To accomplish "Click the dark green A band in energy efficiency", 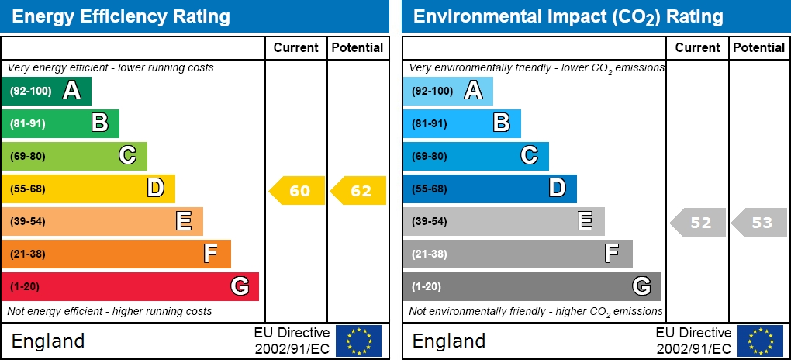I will (47, 91).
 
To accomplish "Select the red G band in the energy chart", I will (130, 286).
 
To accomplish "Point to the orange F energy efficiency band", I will (116, 254).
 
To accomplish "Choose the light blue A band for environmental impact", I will (447, 91).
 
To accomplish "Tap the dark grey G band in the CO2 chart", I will (531, 286).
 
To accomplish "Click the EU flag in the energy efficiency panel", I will (358, 341).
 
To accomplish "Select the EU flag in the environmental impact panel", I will (760, 341).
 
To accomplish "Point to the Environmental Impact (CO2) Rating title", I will (568, 16).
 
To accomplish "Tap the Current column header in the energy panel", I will (296, 47).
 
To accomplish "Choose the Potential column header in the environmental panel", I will (759, 47).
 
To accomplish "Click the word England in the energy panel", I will (48, 341).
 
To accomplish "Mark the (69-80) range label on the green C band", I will (28, 156).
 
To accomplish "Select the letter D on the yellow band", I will (156, 188).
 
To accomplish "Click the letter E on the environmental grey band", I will (585, 221).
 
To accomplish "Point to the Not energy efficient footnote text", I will (109, 311).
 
